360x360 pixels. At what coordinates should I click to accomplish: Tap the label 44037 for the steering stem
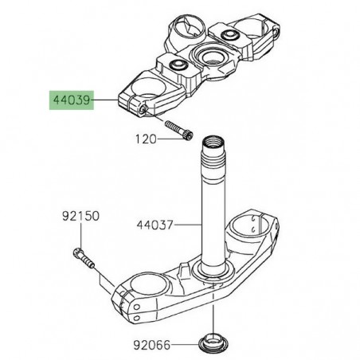click(156, 226)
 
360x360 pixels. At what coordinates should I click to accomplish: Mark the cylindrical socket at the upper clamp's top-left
click(191, 23)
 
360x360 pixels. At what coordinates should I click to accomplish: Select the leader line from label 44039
click(105, 101)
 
